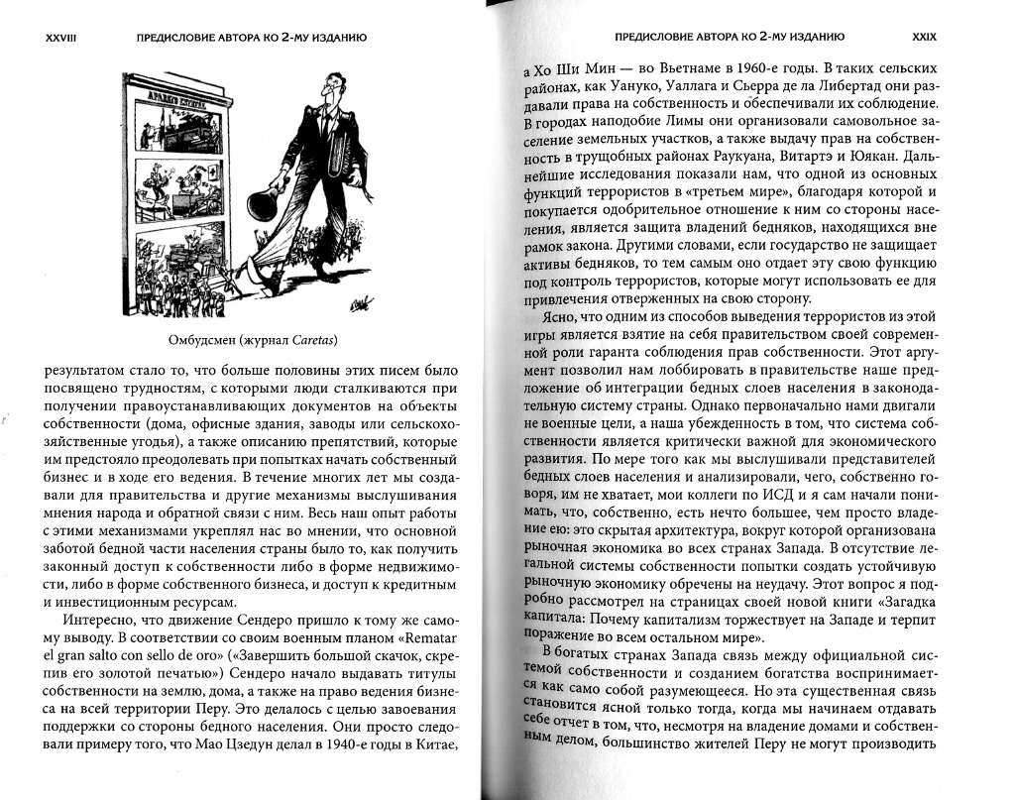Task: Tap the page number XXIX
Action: [x=925, y=37]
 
